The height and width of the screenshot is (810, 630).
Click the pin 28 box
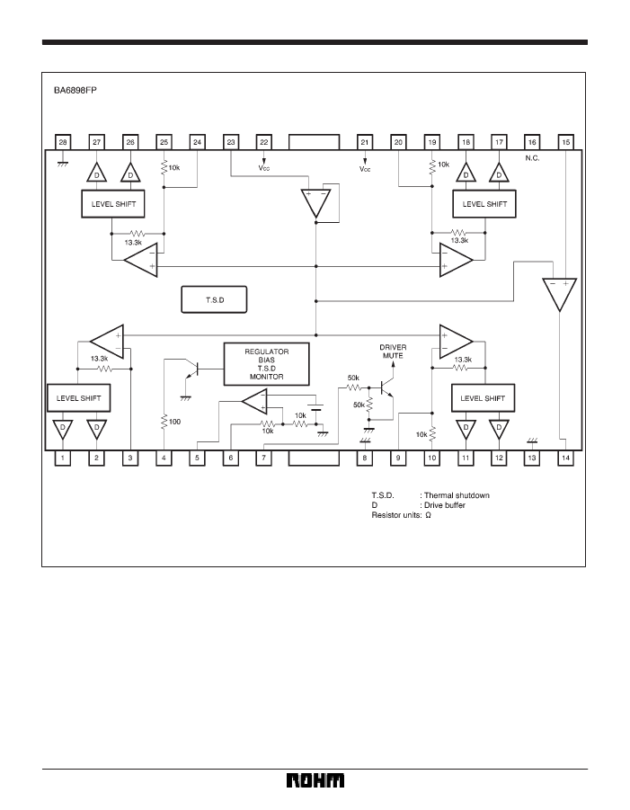coord(63,142)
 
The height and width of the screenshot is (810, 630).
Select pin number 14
coord(565,458)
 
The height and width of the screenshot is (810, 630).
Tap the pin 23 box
coord(231,142)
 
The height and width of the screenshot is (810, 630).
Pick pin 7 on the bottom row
coord(264,458)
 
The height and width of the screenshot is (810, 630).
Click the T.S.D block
coord(214,299)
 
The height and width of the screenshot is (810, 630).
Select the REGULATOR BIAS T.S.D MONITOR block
coord(266,364)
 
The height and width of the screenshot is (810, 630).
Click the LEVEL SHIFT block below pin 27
coord(113,204)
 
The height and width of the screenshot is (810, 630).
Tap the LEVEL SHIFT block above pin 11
coord(483,398)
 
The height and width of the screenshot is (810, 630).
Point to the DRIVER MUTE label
coord(393,352)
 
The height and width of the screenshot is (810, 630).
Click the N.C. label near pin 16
coord(532,158)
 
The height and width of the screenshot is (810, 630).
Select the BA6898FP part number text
coord(75,91)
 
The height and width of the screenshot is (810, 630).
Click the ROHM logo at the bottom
coord(315,780)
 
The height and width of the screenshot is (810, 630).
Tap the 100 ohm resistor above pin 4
coord(164,422)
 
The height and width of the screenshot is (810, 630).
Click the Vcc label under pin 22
coord(264,168)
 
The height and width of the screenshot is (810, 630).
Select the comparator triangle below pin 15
coord(559,294)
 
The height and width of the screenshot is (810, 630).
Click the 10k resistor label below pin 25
coord(174,167)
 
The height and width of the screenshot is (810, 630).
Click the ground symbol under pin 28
coord(63,165)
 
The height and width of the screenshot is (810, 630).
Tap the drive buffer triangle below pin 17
coord(499,173)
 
